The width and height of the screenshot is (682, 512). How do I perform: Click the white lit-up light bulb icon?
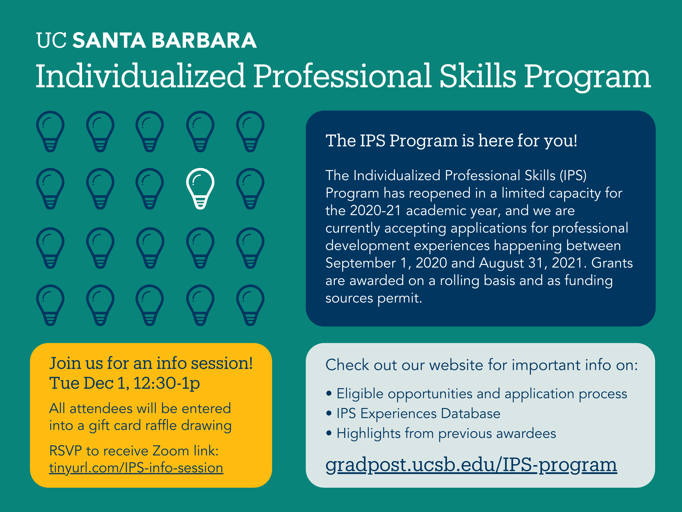pos(200,188)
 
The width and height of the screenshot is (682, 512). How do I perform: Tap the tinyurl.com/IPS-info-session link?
pos(136,468)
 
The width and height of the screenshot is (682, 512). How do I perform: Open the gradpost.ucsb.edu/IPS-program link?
pos(471,465)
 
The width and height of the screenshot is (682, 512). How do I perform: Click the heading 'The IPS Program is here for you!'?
pos(451,141)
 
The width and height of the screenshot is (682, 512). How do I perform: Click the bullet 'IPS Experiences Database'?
pos(418,414)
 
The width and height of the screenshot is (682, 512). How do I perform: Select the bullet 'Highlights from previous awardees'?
pos(446,433)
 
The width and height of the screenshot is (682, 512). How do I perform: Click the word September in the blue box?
pos(361,263)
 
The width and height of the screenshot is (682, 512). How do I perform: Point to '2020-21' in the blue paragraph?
pos(375,210)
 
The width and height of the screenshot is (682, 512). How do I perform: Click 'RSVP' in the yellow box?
pos(65,451)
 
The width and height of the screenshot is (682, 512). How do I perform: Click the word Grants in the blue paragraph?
pos(612,263)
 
